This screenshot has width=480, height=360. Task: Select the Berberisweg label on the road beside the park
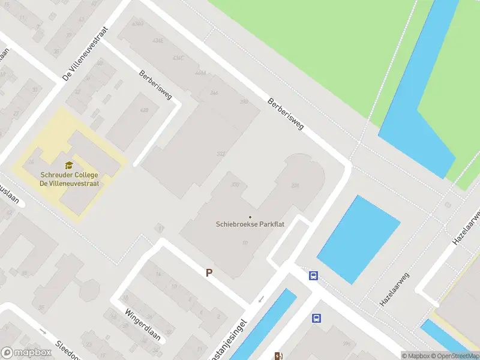[286, 114]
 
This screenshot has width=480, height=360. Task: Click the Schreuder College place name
[69, 175]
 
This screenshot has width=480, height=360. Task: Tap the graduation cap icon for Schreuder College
[69, 164]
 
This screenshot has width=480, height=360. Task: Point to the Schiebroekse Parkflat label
[250, 224]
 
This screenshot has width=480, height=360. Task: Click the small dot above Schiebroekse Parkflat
[250, 217]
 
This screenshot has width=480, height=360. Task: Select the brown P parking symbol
[209, 272]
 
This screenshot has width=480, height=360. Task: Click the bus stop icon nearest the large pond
[313, 276]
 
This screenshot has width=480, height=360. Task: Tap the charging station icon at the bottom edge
[278, 356]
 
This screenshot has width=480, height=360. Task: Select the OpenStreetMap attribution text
[455, 356]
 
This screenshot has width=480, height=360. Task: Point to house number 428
[144, 110]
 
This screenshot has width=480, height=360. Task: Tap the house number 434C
[178, 58]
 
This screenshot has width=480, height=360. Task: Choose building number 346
[214, 93]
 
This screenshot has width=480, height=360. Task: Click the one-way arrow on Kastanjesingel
[260, 299]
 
